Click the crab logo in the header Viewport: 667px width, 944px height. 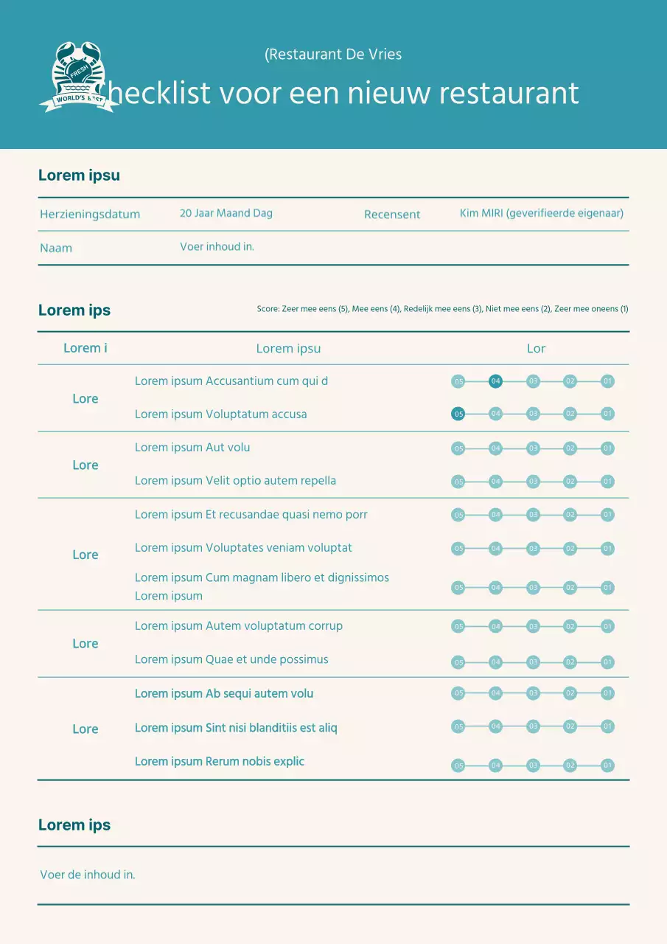78,77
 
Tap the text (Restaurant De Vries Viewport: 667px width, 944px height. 333,55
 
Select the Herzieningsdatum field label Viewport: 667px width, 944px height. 90,215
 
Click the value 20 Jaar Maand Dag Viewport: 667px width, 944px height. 226,213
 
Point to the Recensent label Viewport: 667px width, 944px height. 392,215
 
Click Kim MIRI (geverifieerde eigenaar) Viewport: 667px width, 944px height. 542,213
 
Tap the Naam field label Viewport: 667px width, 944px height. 56,248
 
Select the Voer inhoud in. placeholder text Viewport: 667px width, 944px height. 217,246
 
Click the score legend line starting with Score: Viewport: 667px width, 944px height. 442,309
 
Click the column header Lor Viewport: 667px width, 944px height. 536,348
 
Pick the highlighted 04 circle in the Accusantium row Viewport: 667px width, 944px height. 495,381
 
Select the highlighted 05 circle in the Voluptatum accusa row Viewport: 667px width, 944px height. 458,414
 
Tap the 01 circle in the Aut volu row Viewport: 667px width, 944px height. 607,448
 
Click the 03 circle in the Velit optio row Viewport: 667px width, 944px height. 533,482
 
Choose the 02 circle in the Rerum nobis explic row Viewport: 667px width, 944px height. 570,766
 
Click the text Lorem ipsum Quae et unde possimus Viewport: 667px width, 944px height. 231,659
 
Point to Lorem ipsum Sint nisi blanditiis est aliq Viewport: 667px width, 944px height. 236,728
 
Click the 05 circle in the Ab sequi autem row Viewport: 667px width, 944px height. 458,693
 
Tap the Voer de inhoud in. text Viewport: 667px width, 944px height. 88,875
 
